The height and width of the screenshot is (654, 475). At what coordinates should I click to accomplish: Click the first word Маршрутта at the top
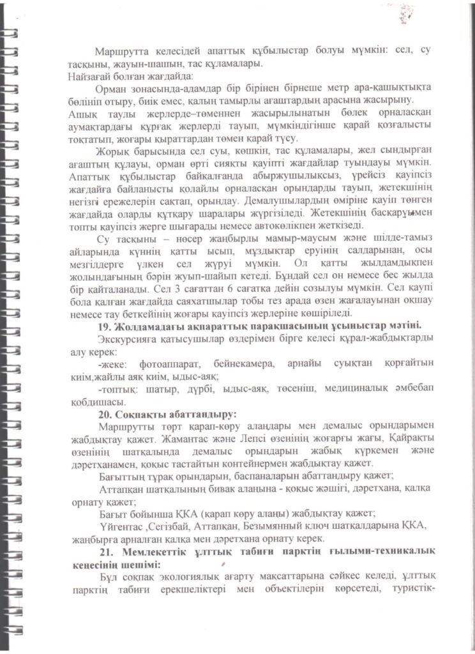click(119, 51)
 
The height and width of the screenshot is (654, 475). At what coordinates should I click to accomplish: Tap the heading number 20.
click(100, 414)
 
